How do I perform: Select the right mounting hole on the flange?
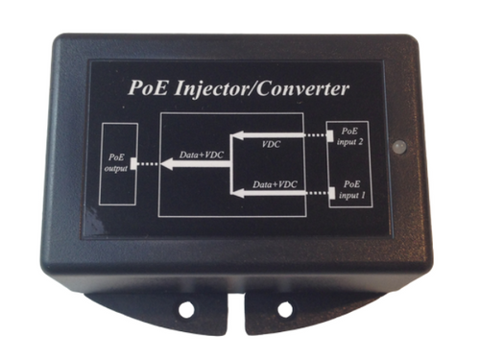point(284,309)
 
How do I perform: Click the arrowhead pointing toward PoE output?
point(165,165)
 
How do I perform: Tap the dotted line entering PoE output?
point(148,165)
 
